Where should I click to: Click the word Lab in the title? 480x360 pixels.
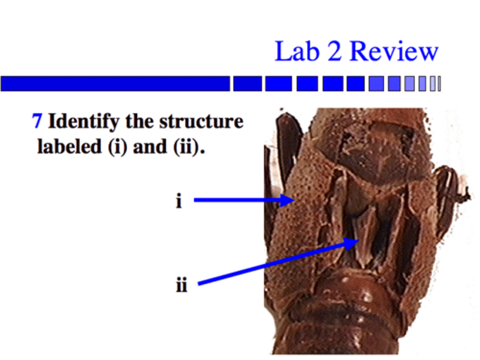[296, 51]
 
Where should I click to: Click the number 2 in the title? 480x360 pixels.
[334, 51]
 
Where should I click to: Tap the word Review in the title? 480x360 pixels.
[394, 51]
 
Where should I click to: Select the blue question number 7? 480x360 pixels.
[37, 121]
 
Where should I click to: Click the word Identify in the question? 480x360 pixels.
[84, 121]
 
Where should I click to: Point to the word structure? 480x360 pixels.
[201, 121]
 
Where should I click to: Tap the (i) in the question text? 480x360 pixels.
[117, 147]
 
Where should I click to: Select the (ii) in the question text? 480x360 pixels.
[187, 147]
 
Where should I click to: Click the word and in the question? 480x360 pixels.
[150, 147]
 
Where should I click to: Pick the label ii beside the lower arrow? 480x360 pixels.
[182, 285]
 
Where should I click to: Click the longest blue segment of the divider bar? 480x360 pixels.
[115, 83]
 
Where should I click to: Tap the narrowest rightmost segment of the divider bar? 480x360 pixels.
[439, 83]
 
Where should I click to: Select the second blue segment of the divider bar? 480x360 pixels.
[247, 83]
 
